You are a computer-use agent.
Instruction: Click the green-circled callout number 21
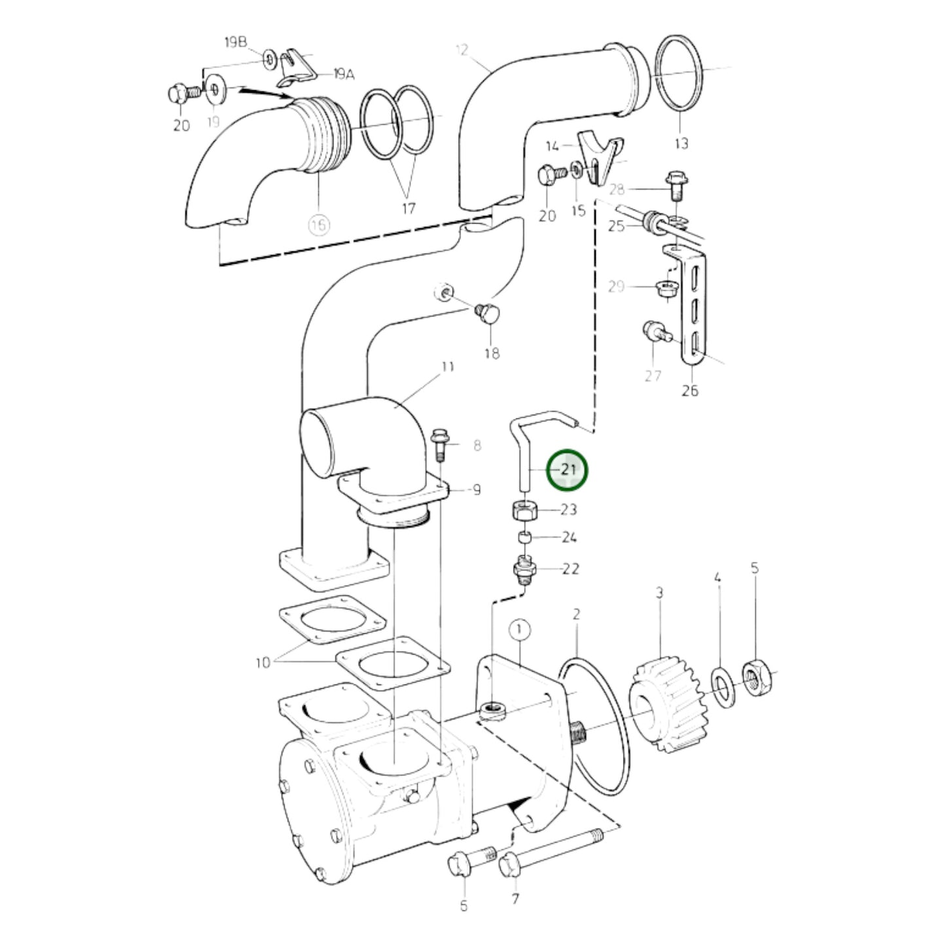click(568, 470)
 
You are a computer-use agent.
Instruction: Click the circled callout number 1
click(519, 630)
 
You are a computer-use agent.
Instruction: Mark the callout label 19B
click(236, 43)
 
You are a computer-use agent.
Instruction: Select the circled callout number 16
click(319, 226)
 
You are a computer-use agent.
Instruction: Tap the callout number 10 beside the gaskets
click(263, 663)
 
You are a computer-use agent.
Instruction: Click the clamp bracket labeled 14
click(599, 157)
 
